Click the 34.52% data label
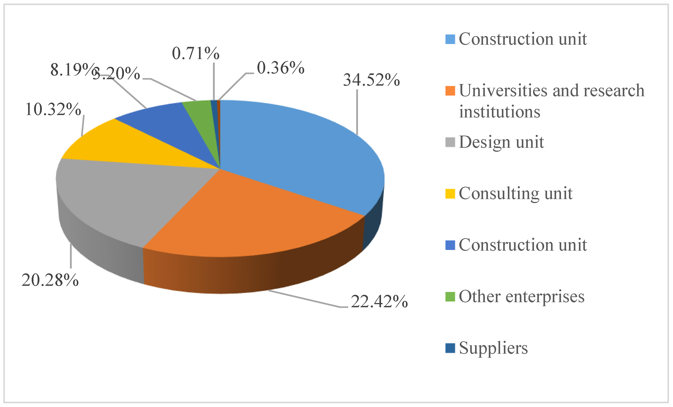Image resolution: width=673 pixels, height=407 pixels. pos(371,80)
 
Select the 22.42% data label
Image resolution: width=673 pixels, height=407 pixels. pos(379,302)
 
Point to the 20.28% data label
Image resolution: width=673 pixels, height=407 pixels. pos(50,280)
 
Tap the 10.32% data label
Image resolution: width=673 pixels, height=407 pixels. pos(53,109)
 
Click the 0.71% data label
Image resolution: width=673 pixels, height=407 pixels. pos(195,53)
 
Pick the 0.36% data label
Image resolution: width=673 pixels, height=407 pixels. pos(280,68)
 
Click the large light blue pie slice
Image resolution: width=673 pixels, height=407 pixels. pos(300,153)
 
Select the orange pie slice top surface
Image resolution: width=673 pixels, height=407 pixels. pos(246,218)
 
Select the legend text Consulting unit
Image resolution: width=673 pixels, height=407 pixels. pos(515,194)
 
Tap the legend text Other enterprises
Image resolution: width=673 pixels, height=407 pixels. pos(521,296)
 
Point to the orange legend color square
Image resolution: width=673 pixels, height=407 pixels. pos(450,91)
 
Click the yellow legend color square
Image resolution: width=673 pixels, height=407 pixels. pos(450,194)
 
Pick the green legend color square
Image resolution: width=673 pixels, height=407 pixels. pos(450,297)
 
